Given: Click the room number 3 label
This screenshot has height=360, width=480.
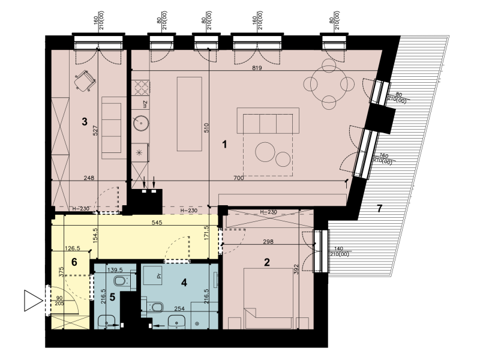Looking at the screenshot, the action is coord(85,122).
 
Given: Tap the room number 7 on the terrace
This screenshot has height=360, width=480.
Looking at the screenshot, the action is coord(380,209).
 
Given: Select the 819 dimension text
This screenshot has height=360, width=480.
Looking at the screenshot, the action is coord(257,68).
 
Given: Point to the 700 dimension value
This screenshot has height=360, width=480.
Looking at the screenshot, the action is coord(238,178).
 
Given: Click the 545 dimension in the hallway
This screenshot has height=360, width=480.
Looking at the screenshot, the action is coord(157,223).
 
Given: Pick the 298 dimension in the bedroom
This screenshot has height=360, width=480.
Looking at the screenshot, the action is coord(268,242).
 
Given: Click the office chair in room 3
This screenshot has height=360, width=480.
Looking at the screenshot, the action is coord(85,80).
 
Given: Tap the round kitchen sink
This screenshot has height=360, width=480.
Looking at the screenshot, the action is coord(141,123).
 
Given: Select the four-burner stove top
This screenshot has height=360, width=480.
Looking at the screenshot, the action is coord(141,87).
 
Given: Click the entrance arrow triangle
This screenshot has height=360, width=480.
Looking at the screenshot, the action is coord(33,301).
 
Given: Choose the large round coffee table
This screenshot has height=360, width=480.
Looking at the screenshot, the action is coord(265,152).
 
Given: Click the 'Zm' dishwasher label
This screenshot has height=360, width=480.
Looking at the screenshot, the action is coord(145,104).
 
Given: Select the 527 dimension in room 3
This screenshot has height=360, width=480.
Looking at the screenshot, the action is coord(95,131).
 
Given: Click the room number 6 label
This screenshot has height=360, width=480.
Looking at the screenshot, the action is coord(74,262).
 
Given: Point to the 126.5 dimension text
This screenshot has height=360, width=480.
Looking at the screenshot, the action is coord(73,248).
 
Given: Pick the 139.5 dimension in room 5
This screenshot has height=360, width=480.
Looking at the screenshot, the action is coord(115,270).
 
